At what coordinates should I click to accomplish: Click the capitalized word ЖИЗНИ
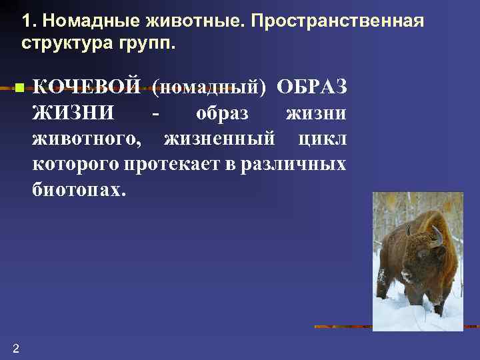tap(73, 113)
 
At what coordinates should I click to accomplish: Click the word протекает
tap(175, 164)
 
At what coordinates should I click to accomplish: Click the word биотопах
tap(77, 189)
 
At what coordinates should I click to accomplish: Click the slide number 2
tap(15, 347)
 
